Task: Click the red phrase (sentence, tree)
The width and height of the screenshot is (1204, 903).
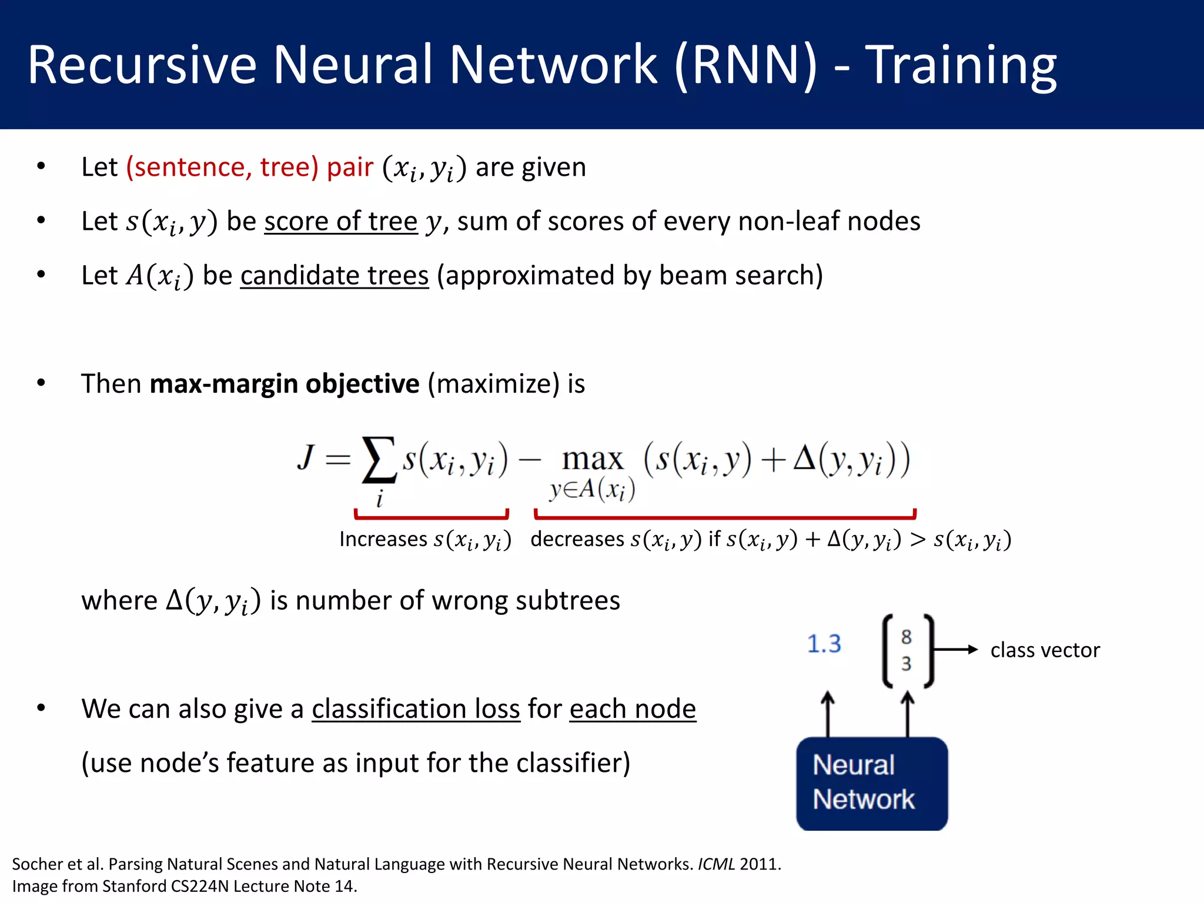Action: [x=222, y=167]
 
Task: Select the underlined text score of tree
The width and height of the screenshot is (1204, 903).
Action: [x=340, y=222]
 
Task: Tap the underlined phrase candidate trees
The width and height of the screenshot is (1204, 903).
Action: [x=334, y=276]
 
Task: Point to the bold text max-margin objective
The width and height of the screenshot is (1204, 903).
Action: [x=285, y=384]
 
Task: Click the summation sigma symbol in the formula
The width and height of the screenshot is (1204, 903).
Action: [x=379, y=460]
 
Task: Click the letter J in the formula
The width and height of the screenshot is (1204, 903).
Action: [x=306, y=457]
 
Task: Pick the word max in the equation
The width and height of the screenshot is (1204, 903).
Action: [x=592, y=459]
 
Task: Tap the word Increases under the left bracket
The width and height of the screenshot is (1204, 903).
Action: [x=383, y=539]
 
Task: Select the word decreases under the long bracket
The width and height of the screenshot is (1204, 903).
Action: [x=577, y=539]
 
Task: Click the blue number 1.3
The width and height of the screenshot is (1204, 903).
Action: [x=824, y=644]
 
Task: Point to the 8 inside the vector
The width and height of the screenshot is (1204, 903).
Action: [x=906, y=637]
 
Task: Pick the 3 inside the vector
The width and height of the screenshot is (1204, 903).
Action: [x=906, y=664]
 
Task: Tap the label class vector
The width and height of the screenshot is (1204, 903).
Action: [x=1045, y=650]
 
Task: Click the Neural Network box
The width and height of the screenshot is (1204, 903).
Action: [x=871, y=783]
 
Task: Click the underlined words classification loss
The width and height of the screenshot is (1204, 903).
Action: [x=416, y=709]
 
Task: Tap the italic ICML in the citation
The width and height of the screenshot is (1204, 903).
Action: [x=716, y=864]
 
